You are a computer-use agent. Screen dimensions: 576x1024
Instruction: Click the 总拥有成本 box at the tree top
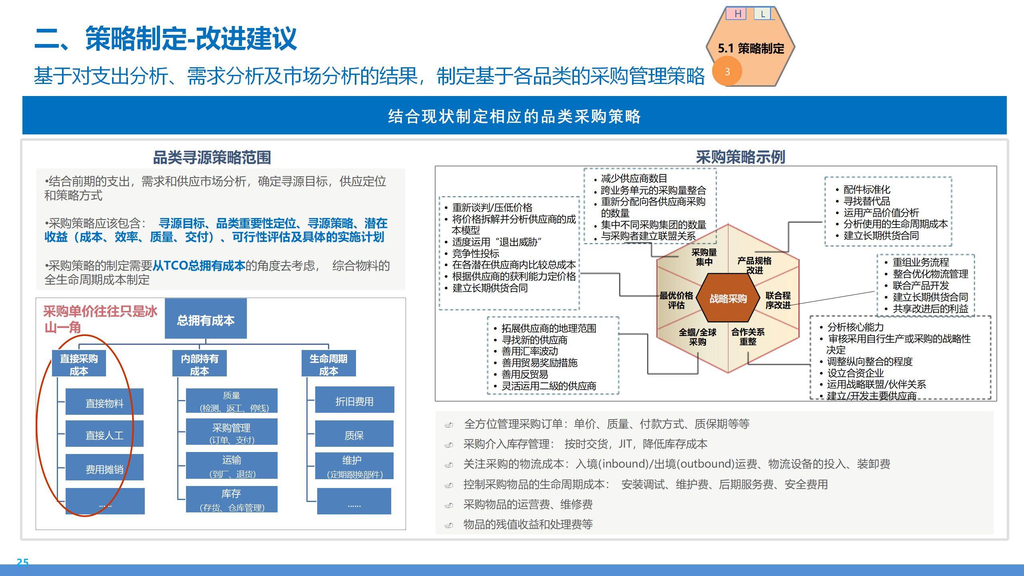pos(206,319)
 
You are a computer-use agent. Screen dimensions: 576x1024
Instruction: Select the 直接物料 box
pos(104,402)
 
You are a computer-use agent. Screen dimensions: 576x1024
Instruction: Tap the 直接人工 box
pos(104,434)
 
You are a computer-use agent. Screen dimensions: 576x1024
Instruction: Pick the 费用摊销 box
pos(104,468)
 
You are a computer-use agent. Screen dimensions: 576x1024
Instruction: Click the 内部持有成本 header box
pos(199,364)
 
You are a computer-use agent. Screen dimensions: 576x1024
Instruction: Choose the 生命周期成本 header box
pos(328,364)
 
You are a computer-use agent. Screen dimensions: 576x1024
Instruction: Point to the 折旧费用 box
pos(354,400)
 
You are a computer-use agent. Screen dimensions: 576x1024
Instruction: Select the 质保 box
pos(354,434)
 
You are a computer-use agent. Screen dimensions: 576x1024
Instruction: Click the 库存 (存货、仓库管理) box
pos(232,500)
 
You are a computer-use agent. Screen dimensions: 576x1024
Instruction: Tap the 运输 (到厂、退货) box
pos(232,466)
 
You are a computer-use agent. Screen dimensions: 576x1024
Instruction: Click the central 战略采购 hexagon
pos(728,298)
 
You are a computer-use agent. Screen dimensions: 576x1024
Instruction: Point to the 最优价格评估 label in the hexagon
pos(676,300)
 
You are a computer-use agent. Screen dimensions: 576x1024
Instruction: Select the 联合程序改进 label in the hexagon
pos(778,300)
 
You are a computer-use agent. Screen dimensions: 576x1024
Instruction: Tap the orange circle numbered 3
pos(727,72)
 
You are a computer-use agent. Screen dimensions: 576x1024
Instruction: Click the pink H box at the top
pos(738,14)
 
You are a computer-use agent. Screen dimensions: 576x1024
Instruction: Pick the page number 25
pos(22,562)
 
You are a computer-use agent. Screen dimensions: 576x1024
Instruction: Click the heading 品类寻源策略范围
pos(212,157)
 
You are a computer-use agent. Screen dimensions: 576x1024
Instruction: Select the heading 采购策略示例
pos(740,157)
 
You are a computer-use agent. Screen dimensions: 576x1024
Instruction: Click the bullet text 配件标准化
pos(867,189)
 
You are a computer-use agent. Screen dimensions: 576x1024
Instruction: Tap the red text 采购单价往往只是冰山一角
pos(100,319)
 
